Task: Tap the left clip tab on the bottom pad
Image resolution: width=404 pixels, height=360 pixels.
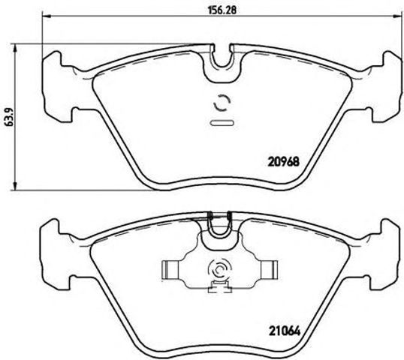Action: tap(171, 268)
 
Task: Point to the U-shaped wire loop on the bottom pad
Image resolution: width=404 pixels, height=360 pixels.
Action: tap(220, 223)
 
